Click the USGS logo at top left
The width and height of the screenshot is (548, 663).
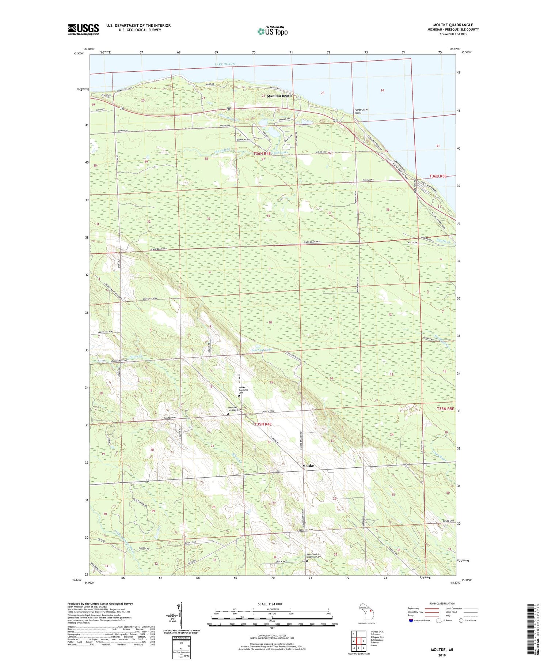(83, 29)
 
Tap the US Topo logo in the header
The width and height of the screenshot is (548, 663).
(273, 31)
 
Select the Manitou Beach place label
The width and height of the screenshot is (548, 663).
(279, 96)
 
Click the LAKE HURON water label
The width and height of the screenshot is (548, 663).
(225, 64)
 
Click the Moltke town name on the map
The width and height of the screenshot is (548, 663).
(308, 466)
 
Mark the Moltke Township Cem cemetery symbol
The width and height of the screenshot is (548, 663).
(239, 396)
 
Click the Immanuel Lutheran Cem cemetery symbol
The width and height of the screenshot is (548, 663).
(228, 414)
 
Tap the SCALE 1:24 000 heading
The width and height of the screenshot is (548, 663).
(270, 604)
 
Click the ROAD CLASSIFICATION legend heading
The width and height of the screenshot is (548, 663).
(442, 603)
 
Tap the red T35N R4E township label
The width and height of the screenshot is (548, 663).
(263, 424)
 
